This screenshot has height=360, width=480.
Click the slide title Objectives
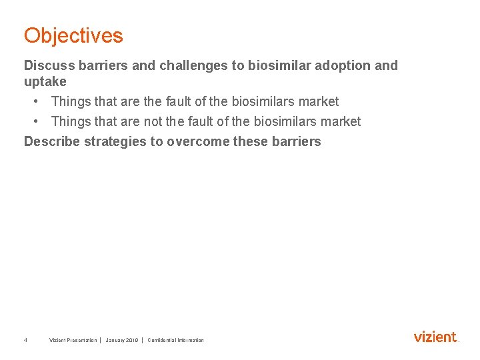coord(73,35)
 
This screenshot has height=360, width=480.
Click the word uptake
coord(45,82)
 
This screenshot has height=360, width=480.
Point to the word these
coord(249,141)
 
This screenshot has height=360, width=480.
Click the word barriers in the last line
coord(295,141)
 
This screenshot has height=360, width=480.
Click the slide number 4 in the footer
coord(25,340)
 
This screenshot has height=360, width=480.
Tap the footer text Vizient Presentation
coord(73,340)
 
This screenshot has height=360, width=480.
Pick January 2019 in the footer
coord(121,340)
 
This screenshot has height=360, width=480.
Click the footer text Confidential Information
coord(175,340)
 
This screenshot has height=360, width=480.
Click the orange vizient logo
coord(436,337)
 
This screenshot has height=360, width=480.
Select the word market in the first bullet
coord(319,101)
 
